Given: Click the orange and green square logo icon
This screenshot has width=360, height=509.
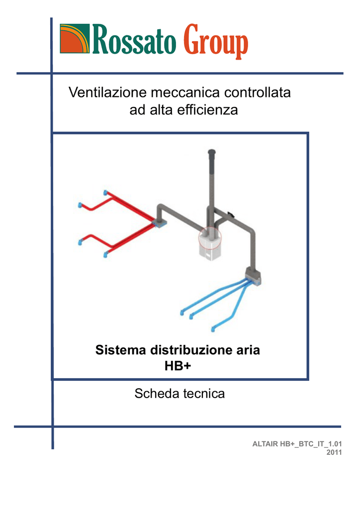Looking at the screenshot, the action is click(75, 38).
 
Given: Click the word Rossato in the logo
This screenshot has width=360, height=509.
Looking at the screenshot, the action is click(134, 40).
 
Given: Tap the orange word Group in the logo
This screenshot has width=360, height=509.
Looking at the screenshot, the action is click(215, 41).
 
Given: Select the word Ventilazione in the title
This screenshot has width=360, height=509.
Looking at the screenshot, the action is click(108, 92).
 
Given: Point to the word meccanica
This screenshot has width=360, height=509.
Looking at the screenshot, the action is click(185, 93).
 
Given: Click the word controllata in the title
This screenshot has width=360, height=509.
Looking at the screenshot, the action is click(257, 92).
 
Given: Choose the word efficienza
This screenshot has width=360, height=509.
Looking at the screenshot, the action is click(207, 110).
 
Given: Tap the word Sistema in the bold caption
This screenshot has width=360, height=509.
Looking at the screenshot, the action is click(120, 350).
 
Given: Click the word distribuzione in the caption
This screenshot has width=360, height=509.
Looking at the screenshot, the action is click(189, 350).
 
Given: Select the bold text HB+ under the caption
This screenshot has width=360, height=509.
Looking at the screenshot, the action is click(178, 366).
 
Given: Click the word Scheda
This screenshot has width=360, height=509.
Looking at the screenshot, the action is click(157, 394).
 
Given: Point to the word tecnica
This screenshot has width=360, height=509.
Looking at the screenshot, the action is click(204, 394).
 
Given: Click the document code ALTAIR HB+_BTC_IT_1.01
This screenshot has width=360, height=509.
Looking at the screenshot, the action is click(297, 444).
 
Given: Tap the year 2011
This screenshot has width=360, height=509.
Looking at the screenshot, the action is click(334, 452).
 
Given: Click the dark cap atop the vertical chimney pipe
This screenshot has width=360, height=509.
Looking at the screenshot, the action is click(212, 152).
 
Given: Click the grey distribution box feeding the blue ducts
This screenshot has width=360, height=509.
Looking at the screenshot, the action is click(253, 276).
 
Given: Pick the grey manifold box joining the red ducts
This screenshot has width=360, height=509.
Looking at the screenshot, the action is click(160, 223).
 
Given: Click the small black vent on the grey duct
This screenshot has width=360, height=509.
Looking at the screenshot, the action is click(231, 214).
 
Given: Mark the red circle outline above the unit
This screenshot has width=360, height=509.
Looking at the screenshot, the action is click(199, 238).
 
